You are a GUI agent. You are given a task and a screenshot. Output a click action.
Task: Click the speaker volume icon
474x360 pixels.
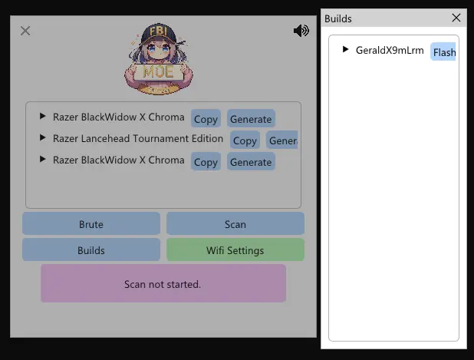pos(301,31)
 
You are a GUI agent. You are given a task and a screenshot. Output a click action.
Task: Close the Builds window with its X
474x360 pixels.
pos(456,18)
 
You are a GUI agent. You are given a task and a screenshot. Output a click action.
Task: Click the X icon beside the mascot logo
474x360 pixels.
pos(25,31)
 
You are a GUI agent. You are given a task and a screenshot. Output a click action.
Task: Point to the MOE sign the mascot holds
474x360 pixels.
pos(158,72)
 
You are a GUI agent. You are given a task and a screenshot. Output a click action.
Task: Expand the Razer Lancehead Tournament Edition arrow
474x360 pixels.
pos(43,139)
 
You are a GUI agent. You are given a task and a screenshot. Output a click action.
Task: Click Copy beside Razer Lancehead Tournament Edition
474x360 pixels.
pos(245,140)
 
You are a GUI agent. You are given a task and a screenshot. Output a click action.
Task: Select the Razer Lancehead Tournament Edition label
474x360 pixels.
pos(138,139)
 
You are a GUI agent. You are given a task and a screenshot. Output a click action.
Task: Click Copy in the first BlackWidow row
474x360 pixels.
pos(206,119)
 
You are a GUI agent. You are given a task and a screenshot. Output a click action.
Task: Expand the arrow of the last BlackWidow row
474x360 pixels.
pos(43,160)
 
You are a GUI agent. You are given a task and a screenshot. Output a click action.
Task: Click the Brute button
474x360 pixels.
pos(91,224)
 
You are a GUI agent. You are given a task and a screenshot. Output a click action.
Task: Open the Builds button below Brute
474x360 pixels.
pos(91,250)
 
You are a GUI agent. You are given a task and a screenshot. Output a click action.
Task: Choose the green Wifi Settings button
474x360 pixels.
pos(235,250)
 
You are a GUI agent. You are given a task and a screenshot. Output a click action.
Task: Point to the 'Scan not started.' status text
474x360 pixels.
pos(163,284)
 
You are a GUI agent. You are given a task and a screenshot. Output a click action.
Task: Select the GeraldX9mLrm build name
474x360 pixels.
pos(390,51)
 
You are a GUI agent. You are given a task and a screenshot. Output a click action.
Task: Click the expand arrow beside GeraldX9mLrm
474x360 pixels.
pos(346,50)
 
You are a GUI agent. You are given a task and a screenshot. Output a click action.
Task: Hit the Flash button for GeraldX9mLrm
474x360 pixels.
pos(443,52)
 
